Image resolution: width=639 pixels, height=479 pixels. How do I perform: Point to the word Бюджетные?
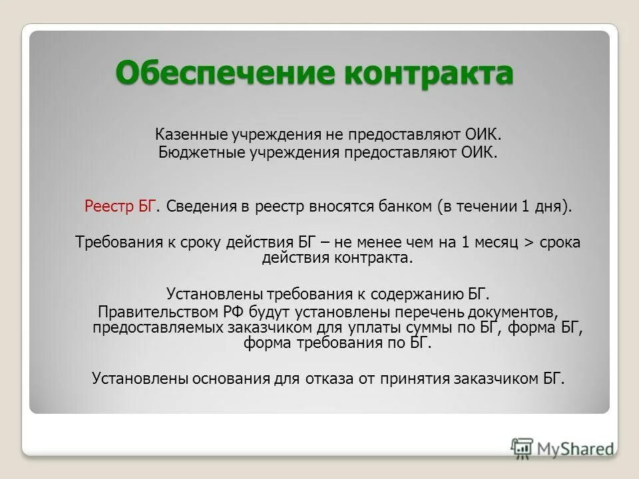[192, 152]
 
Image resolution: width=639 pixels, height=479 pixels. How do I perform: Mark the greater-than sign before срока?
[530, 242]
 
